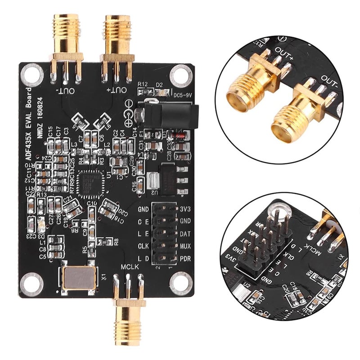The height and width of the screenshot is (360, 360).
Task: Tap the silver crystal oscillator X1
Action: coord(77,278)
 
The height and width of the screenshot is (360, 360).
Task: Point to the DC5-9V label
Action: coord(183,95)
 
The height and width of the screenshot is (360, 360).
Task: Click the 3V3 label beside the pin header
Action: coord(185,209)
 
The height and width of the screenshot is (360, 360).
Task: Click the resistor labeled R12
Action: coord(144,91)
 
